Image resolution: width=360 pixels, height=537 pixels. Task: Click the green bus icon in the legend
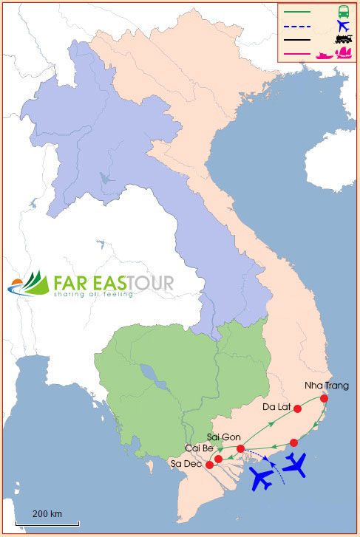click(x=344, y=11)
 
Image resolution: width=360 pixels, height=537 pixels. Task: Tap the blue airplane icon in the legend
click(x=343, y=26)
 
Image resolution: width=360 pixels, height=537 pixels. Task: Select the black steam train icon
click(x=343, y=40)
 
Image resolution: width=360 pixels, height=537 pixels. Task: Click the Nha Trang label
click(x=326, y=386)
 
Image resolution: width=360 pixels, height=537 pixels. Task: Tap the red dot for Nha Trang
click(x=324, y=399)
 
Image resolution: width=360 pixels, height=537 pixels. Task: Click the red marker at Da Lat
click(x=297, y=408)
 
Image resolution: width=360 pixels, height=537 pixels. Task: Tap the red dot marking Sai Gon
click(x=240, y=449)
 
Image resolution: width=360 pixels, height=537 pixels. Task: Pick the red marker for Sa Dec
click(x=209, y=465)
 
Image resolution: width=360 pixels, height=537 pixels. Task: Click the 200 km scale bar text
click(x=47, y=513)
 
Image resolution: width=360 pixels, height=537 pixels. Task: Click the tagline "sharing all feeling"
click(x=93, y=294)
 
